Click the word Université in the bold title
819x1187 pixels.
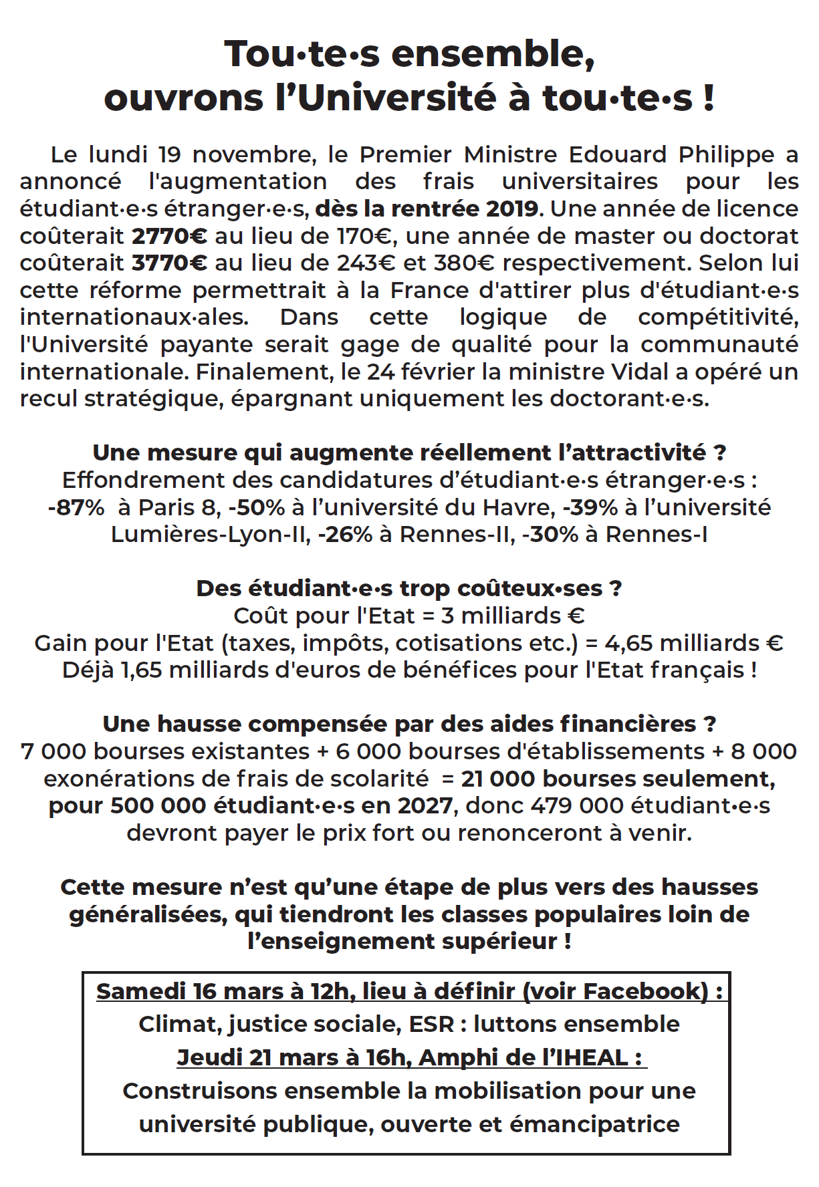coord(397,98)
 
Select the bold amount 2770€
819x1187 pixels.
coord(169,236)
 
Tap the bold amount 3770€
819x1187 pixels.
coord(169,263)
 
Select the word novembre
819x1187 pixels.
coord(254,155)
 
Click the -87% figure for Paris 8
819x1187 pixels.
coord(76,507)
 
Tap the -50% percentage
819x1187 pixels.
coord(257,507)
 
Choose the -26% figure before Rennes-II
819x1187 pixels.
coord(345,535)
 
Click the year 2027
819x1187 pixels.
coord(425,805)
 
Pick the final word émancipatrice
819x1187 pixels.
coord(594,1124)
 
